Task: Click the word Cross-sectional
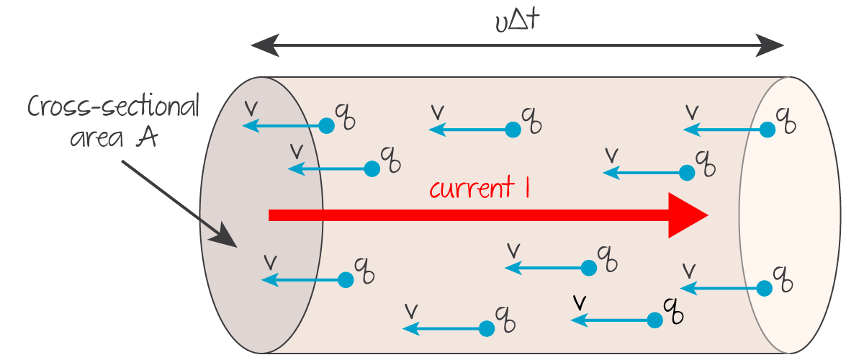[x=114, y=108]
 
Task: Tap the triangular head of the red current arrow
[x=688, y=215]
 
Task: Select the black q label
[x=672, y=310]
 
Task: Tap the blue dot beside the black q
[x=654, y=319]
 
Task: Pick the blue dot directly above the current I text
[x=513, y=130]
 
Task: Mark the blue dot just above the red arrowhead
[x=687, y=173]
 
